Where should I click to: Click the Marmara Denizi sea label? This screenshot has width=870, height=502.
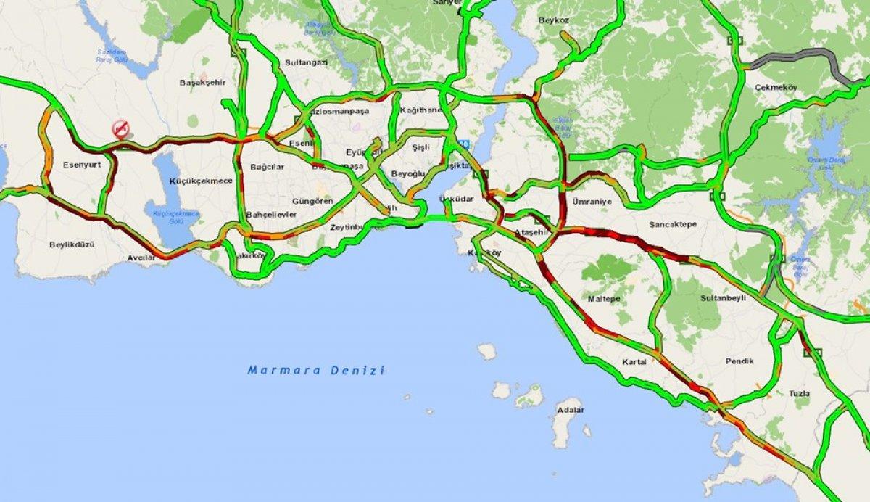click(x=315, y=370)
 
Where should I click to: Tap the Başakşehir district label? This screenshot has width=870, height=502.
click(x=199, y=83)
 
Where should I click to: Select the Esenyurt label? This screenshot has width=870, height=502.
click(x=81, y=165)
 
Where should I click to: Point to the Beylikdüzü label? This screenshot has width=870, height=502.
click(x=72, y=245)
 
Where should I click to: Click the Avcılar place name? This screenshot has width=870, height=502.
click(x=141, y=258)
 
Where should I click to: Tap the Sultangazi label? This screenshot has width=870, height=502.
click(x=307, y=63)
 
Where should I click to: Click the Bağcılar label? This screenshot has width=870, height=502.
click(x=265, y=166)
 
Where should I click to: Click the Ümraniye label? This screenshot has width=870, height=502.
click(x=592, y=202)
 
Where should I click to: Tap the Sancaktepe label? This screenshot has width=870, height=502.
click(x=672, y=224)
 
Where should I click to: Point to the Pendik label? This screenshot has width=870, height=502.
click(x=739, y=361)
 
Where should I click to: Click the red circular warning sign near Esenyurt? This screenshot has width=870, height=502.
click(x=121, y=129)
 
